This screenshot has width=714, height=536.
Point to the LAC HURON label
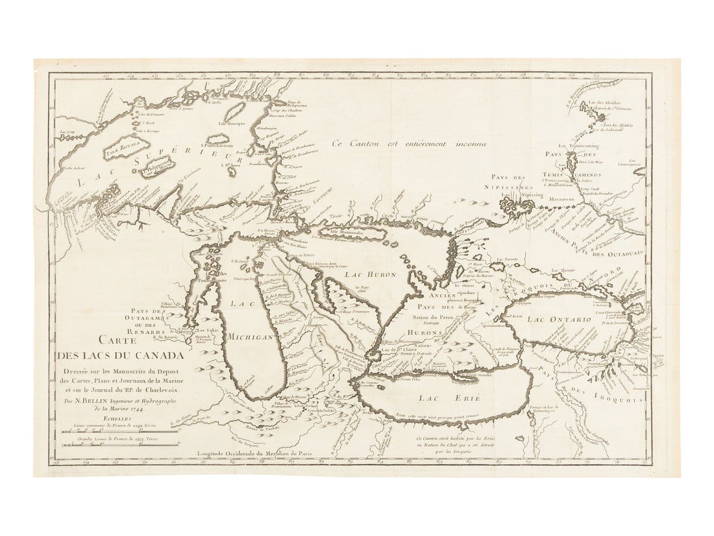pyautogui.click(x=370, y=275)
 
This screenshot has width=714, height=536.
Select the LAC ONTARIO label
pyautogui.click(x=559, y=320)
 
